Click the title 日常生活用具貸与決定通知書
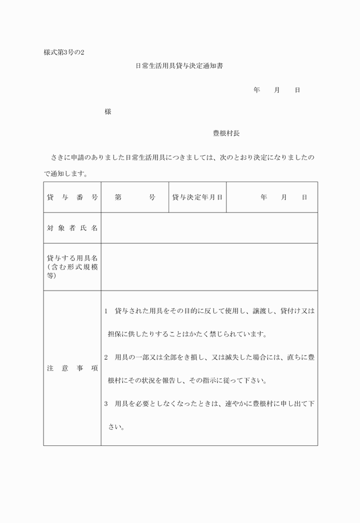pyautogui.click(x=178, y=66)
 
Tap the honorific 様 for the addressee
pyautogui.click(x=107, y=112)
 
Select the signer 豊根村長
pyautogui.click(x=226, y=133)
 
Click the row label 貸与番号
pyautogui.click(x=72, y=198)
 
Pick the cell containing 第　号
pyautogui.click(x=135, y=198)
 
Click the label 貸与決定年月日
pyautogui.click(x=197, y=198)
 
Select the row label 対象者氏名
pyautogui.click(x=72, y=228)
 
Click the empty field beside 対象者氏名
pyautogui.click(x=209, y=228)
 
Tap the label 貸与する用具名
pyautogui.click(x=72, y=258)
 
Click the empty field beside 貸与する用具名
pyautogui.click(x=209, y=267)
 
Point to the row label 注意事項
pyautogui.click(x=72, y=368)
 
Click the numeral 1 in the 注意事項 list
pyautogui.click(x=106, y=311)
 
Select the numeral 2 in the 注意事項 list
pyautogui.click(x=106, y=357)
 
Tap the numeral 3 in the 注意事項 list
pyautogui.click(x=106, y=404)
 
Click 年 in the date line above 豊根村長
pyautogui.click(x=257, y=90)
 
